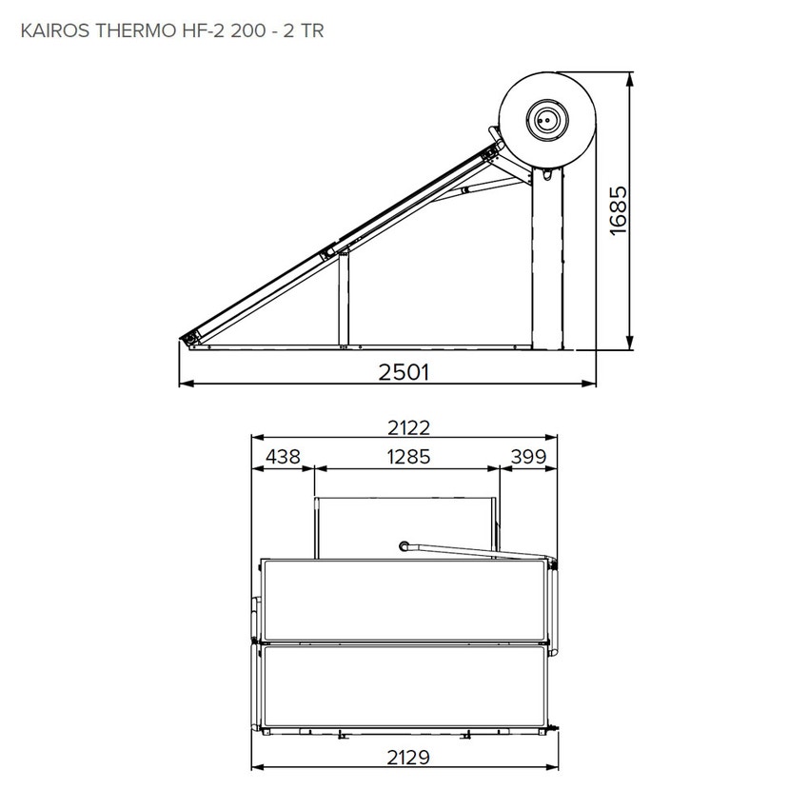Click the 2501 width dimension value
[x=404, y=372]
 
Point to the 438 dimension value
[x=283, y=457]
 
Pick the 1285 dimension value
[x=407, y=457]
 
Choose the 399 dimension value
[x=528, y=457]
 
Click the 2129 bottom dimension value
[x=403, y=758]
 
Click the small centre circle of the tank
[x=546, y=120]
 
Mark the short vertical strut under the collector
[x=344, y=301]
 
